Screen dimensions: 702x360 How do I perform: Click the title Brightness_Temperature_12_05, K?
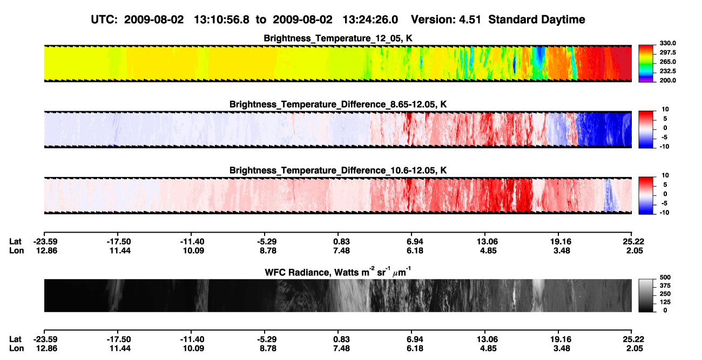point(338,38)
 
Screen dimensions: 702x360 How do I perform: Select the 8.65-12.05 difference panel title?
point(338,104)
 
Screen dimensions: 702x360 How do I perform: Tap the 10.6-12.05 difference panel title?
point(338,171)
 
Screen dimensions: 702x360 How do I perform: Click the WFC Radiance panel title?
point(338,271)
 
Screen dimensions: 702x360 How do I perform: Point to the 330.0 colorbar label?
point(667,43)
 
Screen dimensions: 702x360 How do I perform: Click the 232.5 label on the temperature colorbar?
point(667,71)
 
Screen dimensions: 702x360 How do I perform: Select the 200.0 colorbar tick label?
point(667,80)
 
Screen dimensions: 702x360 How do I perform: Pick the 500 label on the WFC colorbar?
point(665,277)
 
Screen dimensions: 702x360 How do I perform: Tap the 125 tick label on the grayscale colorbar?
point(665,302)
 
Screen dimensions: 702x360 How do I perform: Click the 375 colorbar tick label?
point(665,286)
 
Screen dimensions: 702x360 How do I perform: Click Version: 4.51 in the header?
point(446,19)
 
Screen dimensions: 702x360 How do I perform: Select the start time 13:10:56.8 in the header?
point(221,19)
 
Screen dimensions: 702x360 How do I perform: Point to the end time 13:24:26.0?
point(370,19)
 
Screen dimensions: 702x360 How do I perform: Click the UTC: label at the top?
point(104,19)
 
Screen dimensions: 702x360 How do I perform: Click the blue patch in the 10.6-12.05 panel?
point(611,195)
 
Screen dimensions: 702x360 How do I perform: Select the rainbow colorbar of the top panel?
point(646,64)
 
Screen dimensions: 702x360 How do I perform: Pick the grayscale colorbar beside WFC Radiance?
point(646,295)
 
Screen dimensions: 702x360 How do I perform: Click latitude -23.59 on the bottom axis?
point(45,339)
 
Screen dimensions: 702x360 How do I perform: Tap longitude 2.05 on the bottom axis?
point(634,349)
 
